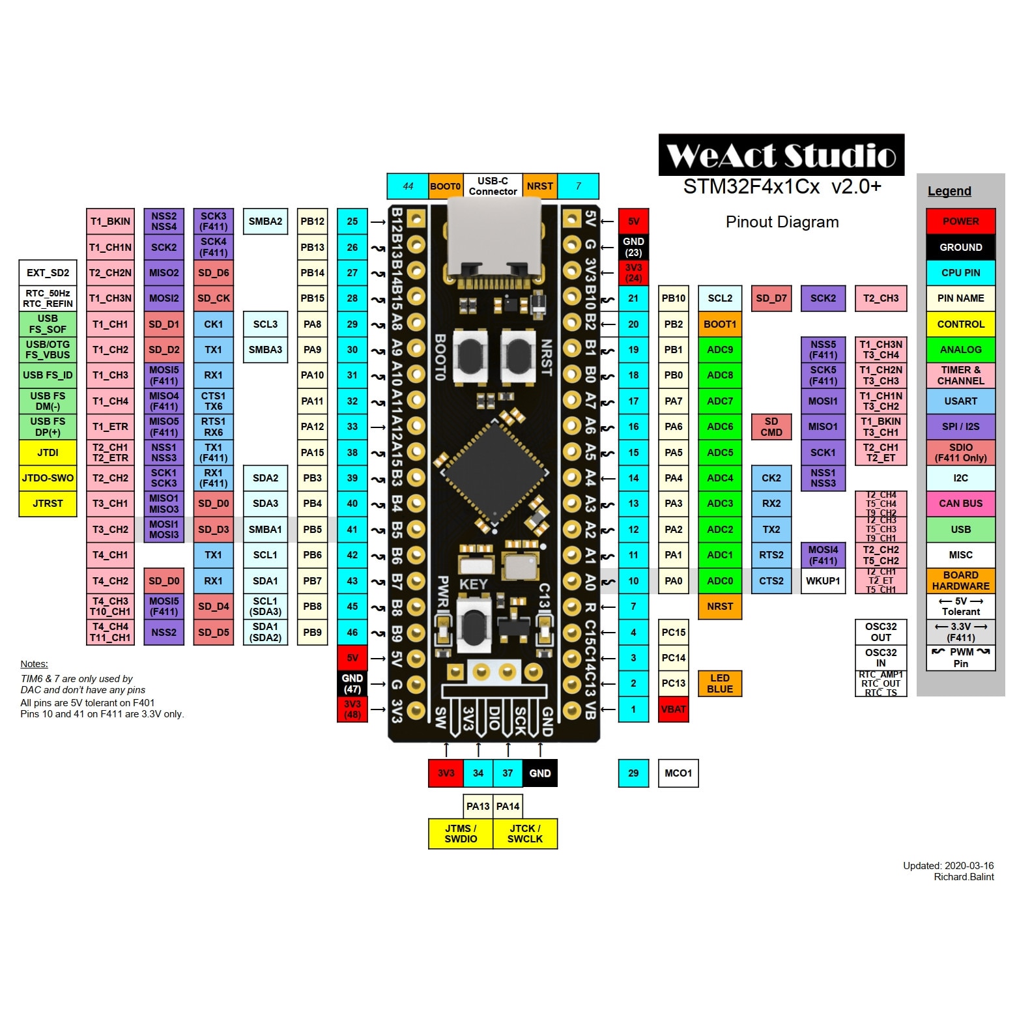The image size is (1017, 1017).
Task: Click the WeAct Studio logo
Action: coord(781,155)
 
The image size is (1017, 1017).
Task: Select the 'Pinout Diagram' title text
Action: coord(782,222)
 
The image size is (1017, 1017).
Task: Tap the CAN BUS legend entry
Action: coord(960,504)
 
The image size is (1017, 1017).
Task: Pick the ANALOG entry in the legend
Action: coord(960,350)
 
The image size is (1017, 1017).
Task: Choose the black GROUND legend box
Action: coord(960,247)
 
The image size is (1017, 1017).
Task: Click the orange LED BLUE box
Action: coord(719,683)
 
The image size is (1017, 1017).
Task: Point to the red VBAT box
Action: coord(673,709)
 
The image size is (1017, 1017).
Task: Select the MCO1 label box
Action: coord(678,773)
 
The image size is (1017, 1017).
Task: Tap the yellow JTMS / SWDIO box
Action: coord(460,834)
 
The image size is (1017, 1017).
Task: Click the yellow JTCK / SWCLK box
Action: coord(524,834)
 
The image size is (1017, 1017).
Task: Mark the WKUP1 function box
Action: coord(822,581)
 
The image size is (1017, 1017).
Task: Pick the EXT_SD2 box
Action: coord(48,273)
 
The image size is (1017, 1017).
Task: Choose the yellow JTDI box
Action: coord(48,453)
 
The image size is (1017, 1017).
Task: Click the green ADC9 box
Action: coord(719,350)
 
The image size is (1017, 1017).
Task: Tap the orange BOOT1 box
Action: coord(719,324)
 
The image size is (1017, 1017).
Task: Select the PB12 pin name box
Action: coord(312,222)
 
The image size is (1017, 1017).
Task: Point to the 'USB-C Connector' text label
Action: coord(493,186)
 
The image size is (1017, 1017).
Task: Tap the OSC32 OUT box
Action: coord(880,632)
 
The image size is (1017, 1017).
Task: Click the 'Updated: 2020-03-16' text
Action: coord(948,866)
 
